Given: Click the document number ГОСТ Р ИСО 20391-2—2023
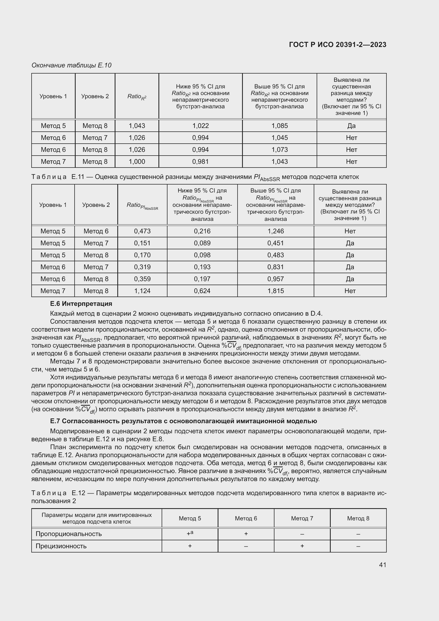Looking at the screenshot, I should point(337,45).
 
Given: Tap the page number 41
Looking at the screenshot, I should point(382,564).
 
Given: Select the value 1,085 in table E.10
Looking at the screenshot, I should point(279,126).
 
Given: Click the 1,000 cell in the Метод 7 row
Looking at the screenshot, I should point(137,161).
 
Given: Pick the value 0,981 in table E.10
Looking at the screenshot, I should point(200,161).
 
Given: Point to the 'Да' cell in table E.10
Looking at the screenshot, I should point(351,126).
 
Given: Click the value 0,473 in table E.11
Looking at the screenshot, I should point(142,231).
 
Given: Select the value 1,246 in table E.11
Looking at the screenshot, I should point(276,231).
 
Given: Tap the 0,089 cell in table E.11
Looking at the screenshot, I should point(202,243).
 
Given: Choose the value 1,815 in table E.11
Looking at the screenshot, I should point(276,291).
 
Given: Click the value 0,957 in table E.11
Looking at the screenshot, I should point(276,279).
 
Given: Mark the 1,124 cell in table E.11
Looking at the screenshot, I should point(142,291).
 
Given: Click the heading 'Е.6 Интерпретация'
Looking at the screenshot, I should point(81,304).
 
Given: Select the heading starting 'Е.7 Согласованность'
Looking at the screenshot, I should point(184,421).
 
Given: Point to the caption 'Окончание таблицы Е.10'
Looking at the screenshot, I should point(71,65).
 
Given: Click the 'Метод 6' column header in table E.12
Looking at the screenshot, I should point(246,518).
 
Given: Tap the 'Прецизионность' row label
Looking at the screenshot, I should point(61,546).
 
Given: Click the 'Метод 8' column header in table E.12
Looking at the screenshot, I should point(358,518).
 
